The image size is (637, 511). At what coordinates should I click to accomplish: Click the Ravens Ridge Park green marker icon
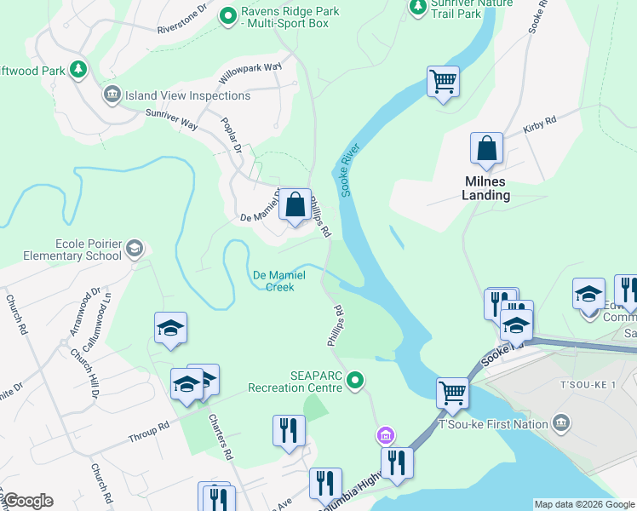point(228,14)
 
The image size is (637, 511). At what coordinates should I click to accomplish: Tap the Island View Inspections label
point(188,95)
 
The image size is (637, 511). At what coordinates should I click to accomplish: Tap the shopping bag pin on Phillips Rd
point(296,205)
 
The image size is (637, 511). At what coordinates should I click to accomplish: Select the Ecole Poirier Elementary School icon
point(134,248)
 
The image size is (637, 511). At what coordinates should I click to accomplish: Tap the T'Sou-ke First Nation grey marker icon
point(561,422)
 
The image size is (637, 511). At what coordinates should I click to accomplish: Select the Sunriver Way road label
point(171,119)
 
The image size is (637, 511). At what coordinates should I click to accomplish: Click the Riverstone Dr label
point(182,21)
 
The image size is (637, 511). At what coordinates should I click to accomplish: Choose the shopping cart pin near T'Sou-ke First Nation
point(452,393)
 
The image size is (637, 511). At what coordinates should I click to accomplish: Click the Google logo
point(28,501)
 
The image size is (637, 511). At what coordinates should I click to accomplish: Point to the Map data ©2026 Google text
point(584,504)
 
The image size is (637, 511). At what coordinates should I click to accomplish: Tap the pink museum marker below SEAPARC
point(386,436)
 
